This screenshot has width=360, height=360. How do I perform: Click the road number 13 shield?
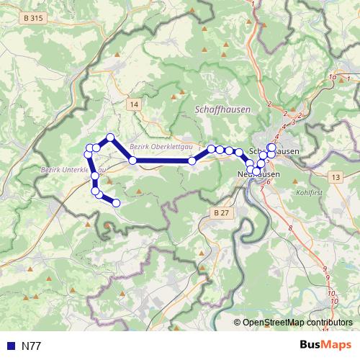coord(336,177)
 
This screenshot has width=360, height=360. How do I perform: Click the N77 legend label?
coord(31,346)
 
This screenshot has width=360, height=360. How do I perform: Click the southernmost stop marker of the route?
coord(115,203)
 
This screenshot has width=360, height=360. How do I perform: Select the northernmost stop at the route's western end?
coord(110,138)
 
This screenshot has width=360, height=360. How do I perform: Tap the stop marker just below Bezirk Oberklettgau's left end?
coord(132,160)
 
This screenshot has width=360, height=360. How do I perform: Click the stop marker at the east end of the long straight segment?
coord(192,161)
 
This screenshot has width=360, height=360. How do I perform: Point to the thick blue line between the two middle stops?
coord(162,161)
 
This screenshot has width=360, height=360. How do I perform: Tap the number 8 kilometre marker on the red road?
coord(290,228)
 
